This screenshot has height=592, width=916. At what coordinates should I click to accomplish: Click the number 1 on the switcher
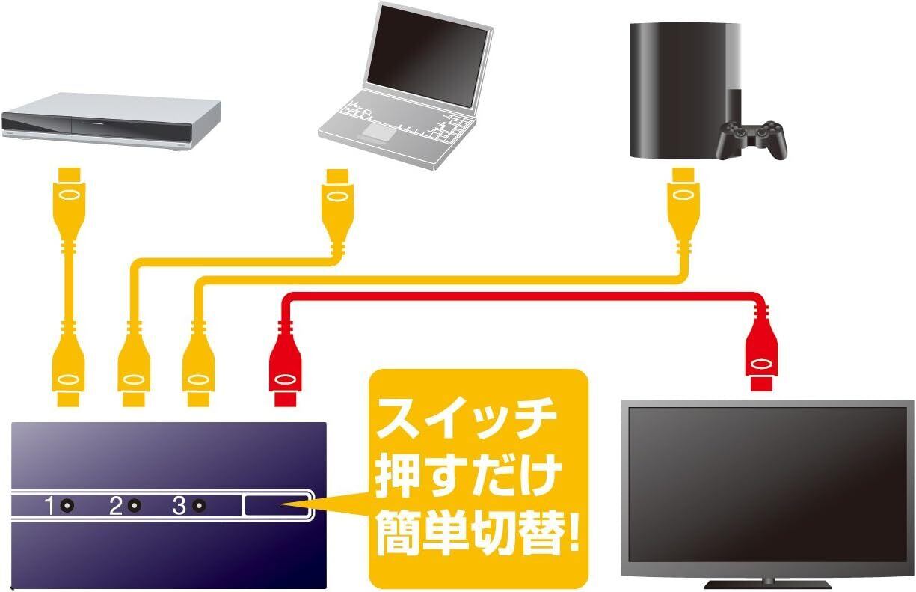point(50,507)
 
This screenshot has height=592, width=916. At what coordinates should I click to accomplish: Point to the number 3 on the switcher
point(179,507)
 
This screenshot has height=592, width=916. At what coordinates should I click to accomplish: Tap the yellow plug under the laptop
point(336,198)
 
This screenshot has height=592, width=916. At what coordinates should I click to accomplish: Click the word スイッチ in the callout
point(467,420)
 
